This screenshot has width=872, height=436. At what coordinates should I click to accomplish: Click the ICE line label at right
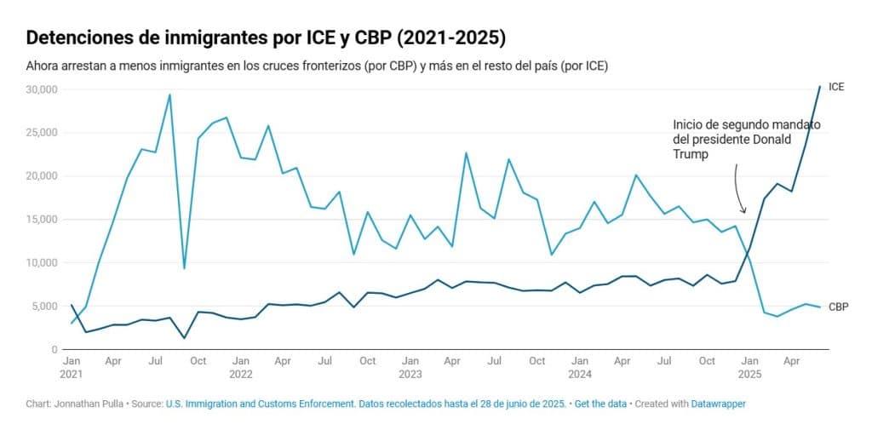click(x=836, y=87)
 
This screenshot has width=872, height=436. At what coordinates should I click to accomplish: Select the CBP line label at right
click(x=838, y=307)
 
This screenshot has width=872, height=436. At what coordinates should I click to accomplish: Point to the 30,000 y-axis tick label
click(x=43, y=89)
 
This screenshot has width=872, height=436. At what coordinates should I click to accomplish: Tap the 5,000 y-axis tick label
click(x=45, y=307)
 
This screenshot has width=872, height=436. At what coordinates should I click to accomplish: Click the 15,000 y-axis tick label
click(x=43, y=220)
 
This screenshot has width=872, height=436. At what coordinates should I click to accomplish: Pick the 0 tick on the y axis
click(x=54, y=350)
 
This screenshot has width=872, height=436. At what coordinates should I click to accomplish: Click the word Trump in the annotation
click(x=688, y=155)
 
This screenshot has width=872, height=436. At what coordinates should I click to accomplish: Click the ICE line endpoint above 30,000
click(x=820, y=86)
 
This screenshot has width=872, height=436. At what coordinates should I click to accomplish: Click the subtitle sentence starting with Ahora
click(x=316, y=66)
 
